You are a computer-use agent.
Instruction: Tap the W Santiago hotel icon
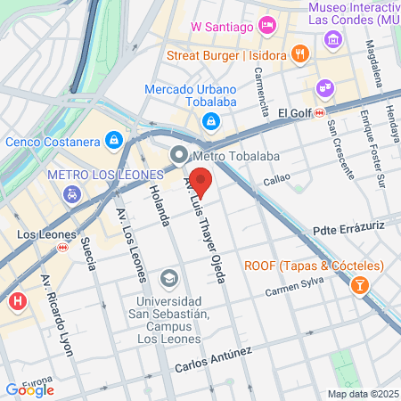[266, 24]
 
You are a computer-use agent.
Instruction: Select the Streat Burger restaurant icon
[300, 54]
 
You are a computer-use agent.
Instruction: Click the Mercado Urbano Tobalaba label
[191, 95]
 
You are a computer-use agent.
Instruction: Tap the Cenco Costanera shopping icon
[114, 140]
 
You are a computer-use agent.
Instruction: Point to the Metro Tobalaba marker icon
[177, 155]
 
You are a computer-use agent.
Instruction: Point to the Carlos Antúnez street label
[214, 361]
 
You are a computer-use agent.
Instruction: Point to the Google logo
[29, 389]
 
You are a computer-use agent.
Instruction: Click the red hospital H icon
[16, 301]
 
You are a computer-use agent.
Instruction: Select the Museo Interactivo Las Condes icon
[333, 39]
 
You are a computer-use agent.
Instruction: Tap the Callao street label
[276, 181]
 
